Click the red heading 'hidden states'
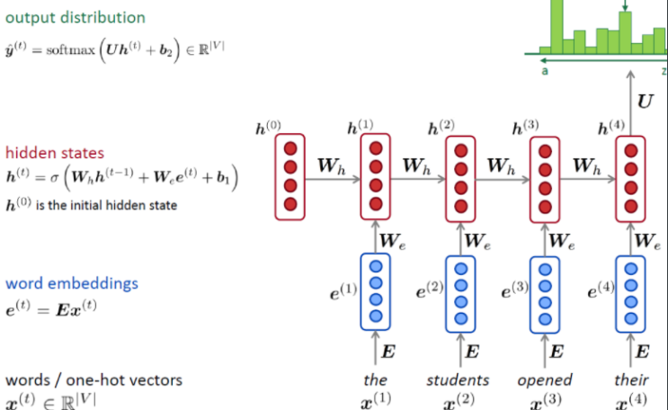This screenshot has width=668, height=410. [x=53, y=153]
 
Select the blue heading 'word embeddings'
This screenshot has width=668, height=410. [x=72, y=283]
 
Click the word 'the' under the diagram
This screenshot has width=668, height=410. [x=376, y=380]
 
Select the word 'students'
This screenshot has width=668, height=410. [x=459, y=380]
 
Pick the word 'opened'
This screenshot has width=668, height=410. [x=545, y=380]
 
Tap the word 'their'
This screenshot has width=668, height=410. [x=631, y=380]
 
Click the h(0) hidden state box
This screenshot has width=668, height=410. [x=289, y=176]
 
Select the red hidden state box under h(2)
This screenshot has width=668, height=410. [x=461, y=176]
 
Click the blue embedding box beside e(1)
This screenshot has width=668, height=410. [x=376, y=291]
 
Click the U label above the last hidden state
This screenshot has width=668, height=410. [x=646, y=101]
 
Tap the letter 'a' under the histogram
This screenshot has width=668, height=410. [x=545, y=70]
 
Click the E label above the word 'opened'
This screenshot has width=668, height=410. [x=557, y=351]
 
